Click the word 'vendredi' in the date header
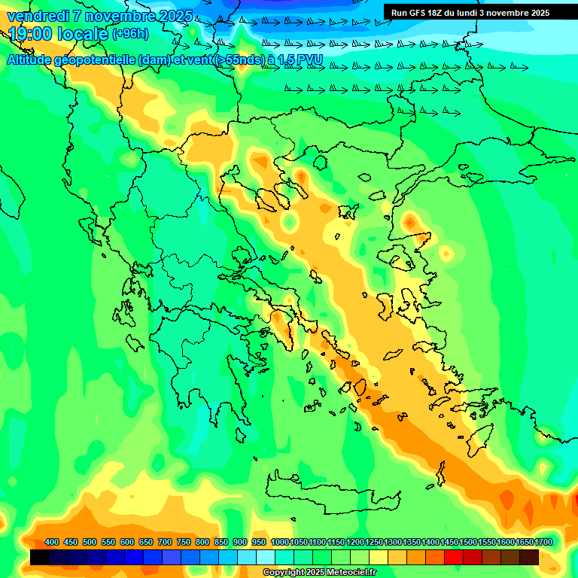click(x=38, y=16)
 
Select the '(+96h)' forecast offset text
click(x=130, y=34)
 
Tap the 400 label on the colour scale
click(x=52, y=543)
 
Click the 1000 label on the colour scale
click(x=280, y=543)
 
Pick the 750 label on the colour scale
click(x=184, y=543)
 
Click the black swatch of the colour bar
click(x=40, y=558)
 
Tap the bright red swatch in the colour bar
click(x=454, y=558)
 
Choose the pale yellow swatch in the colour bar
click(x=379, y=558)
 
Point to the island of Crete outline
click(x=324, y=488)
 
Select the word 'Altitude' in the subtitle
click(x=32, y=60)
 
